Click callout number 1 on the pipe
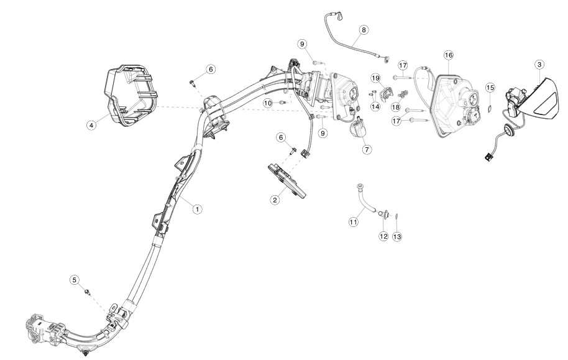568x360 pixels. [197, 210]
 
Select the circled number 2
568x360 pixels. [274, 200]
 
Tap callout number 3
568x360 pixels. [539, 64]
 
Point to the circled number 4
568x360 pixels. [91, 125]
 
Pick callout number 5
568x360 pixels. [74, 280]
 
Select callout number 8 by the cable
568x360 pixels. [364, 29]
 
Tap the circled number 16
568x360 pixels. [448, 55]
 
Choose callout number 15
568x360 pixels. [490, 88]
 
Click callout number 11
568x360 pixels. [354, 221]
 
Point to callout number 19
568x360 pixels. [375, 78]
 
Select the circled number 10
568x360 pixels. [268, 102]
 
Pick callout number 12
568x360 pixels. [383, 236]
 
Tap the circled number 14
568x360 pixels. [375, 107]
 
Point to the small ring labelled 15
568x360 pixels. [489, 107]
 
